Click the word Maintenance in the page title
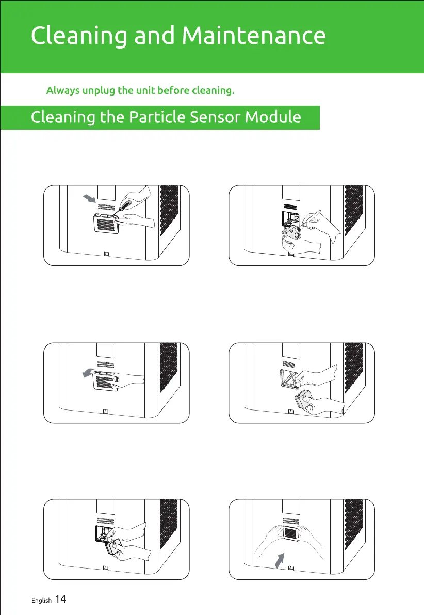[254, 36]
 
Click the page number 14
[60, 600]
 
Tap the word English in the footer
[41, 601]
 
